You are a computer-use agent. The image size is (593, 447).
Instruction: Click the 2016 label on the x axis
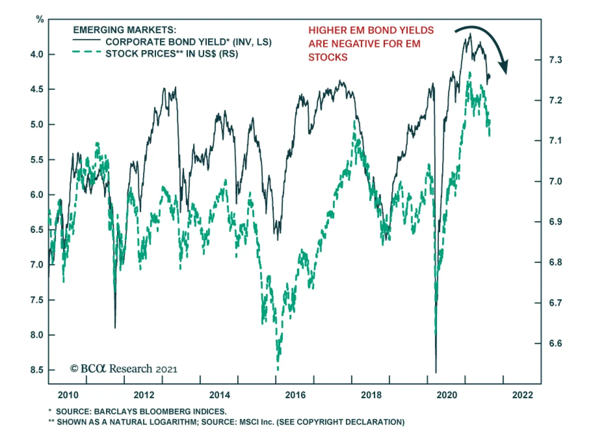(x=295, y=395)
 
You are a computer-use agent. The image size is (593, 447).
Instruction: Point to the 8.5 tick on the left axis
(x=37, y=370)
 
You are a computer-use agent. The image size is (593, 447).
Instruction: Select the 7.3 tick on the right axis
(x=555, y=60)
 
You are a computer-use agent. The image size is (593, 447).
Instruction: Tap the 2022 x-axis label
(x=522, y=395)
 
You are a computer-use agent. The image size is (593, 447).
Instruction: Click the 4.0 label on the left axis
(x=37, y=54)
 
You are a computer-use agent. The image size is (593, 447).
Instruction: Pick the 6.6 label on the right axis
(x=555, y=343)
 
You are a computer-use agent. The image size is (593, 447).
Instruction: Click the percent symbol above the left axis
(x=40, y=19)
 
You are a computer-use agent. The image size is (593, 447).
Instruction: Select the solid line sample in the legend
(x=86, y=40)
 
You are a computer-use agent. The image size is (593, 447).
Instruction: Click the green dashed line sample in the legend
(x=86, y=52)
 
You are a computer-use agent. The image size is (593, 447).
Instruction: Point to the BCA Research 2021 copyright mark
(x=124, y=369)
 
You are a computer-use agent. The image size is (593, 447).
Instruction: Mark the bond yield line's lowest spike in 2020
(x=436, y=372)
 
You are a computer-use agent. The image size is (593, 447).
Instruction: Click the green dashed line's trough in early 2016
(x=278, y=369)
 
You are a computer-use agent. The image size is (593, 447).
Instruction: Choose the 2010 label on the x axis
(x=68, y=395)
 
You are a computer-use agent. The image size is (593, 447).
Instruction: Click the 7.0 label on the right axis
(x=555, y=181)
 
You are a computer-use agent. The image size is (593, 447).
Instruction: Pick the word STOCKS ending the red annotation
(x=328, y=57)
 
